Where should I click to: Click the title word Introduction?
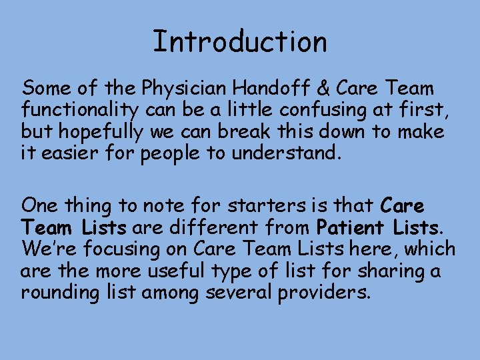pos(240,42)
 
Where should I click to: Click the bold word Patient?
pos(351,227)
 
